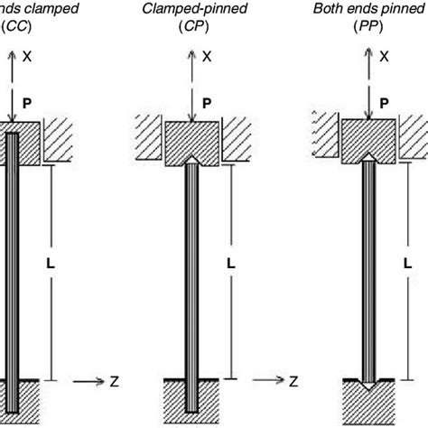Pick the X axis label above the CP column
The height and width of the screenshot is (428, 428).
point(208,56)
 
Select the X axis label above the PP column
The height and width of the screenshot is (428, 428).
point(385,56)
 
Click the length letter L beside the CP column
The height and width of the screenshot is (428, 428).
point(232,264)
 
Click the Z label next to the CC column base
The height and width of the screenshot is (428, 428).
point(114,383)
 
